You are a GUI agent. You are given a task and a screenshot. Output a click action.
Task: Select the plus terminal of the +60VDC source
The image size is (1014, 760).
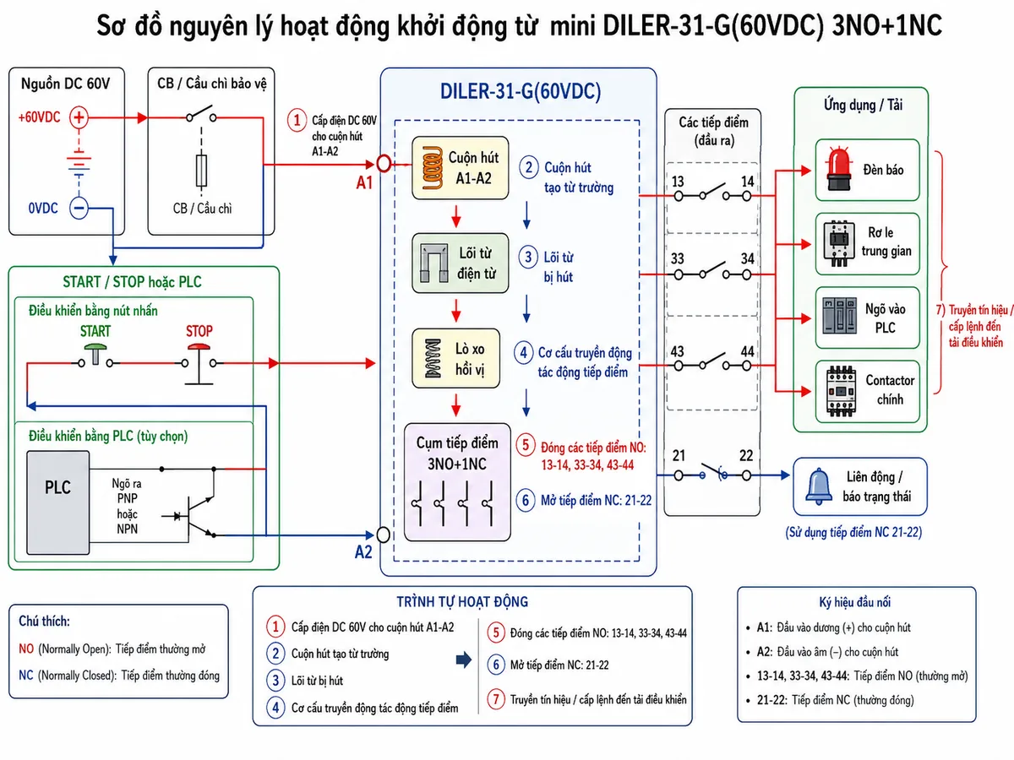pyautogui.click(x=79, y=117)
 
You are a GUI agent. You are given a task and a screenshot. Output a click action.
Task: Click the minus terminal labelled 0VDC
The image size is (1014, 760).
pyautogui.click(x=79, y=208)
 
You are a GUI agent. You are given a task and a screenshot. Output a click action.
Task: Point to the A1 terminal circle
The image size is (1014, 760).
pyautogui.click(x=384, y=163)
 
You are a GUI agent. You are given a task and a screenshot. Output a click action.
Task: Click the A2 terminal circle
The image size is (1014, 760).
pyautogui.click(x=383, y=535)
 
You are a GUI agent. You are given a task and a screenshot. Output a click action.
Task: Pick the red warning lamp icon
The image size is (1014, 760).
pyautogui.click(x=839, y=169)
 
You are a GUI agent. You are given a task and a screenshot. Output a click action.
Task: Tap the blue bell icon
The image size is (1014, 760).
pyautogui.click(x=818, y=486)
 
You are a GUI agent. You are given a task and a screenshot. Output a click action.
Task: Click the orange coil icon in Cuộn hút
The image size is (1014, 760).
pyautogui.click(x=433, y=168)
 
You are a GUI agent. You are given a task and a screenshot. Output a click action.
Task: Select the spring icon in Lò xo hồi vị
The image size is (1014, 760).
pyautogui.click(x=433, y=359)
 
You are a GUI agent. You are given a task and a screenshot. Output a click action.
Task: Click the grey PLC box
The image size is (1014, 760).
pyautogui.click(x=57, y=502)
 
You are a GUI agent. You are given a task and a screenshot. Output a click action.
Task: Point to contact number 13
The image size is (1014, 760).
pyautogui.click(x=678, y=182)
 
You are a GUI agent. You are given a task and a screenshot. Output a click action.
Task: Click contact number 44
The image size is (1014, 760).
pyautogui.click(x=747, y=351)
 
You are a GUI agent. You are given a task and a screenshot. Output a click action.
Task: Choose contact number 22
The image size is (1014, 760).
pyautogui.click(x=746, y=456)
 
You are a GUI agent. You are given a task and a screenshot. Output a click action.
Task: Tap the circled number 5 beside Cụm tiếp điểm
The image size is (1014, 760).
pyautogui.click(x=526, y=445)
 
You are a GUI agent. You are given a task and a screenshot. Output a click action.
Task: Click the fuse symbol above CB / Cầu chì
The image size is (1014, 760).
pyautogui.click(x=201, y=171)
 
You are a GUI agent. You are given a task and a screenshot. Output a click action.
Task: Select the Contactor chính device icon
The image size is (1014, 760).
pyautogui.click(x=841, y=391)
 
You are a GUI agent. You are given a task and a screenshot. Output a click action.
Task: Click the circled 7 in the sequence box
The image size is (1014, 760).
pyautogui.click(x=496, y=699)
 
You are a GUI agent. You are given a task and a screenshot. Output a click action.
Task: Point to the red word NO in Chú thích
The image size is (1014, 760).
pyautogui.click(x=26, y=649)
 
